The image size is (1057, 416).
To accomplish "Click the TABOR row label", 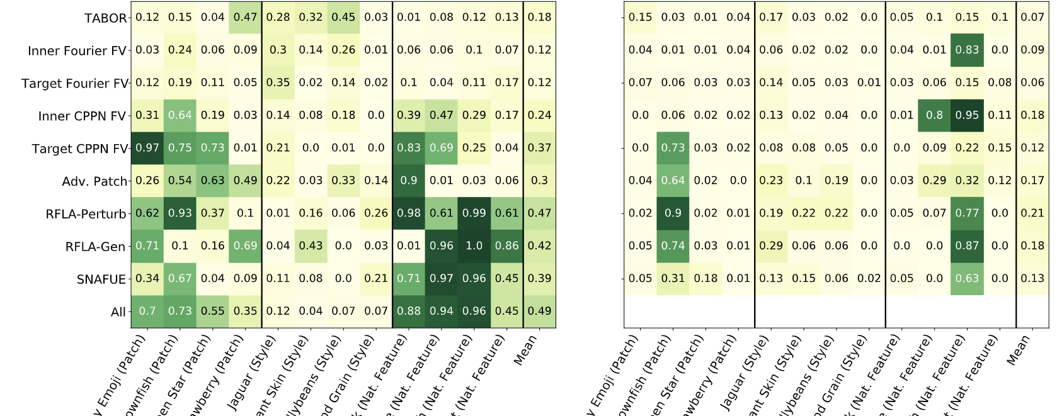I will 105,18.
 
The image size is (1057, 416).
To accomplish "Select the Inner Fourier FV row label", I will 77,51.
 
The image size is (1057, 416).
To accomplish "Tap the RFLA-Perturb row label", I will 86,214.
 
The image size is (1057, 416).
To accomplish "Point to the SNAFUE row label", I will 101,279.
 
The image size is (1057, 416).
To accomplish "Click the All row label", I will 118,312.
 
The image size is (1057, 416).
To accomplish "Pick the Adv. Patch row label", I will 94,181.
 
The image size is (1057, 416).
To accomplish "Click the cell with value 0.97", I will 147,148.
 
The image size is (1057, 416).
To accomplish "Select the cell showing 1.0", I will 474,246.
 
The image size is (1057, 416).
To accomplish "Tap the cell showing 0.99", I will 474,213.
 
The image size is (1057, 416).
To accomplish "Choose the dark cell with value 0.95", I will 967,115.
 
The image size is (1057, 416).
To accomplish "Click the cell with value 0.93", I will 180,213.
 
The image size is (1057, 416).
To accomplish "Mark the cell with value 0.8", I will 934,115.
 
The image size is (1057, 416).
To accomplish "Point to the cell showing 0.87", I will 967,246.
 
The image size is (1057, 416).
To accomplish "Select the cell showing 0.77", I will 967,213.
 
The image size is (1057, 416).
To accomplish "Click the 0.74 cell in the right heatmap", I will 673,246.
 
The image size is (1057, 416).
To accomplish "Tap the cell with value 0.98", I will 409,213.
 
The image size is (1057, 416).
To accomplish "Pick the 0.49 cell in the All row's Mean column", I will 539,311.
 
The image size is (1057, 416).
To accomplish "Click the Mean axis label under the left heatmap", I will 526,350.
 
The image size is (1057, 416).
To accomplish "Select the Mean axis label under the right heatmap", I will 1019,350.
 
